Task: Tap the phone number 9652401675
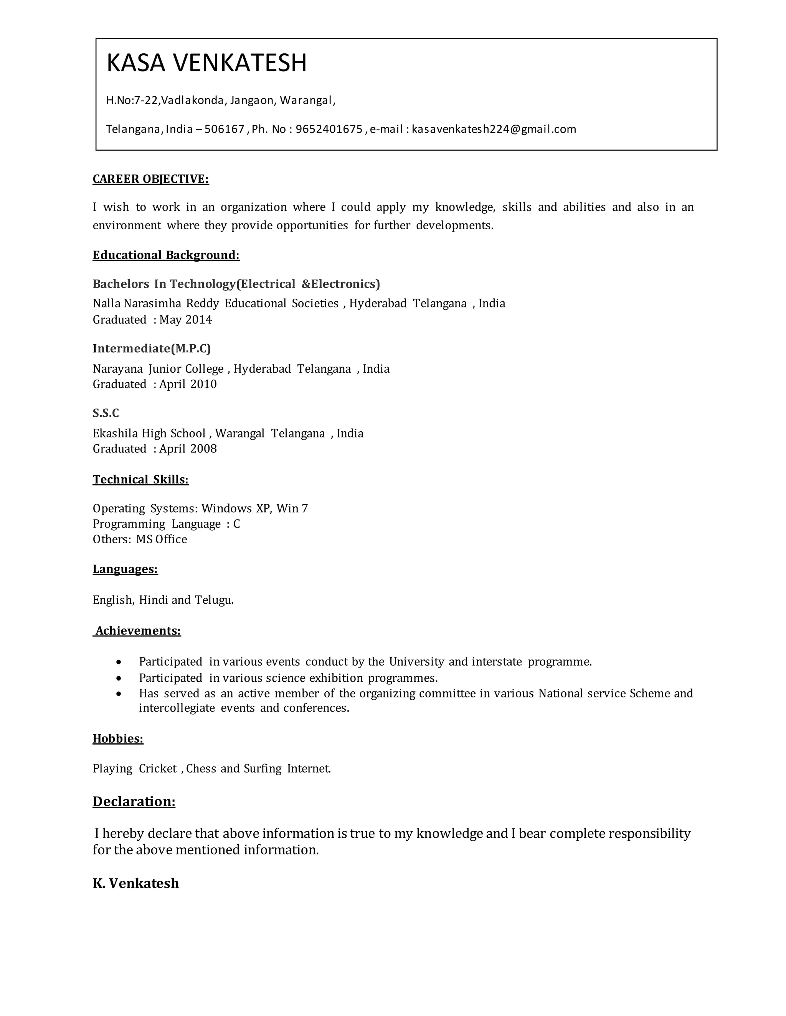tap(329, 129)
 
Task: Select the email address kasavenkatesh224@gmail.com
tap(494, 129)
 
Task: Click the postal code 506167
tap(224, 129)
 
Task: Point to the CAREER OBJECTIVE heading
tap(150, 179)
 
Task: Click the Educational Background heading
tap(166, 255)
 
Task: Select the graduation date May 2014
tap(185, 320)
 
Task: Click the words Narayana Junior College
tap(159, 369)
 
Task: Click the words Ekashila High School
tap(149, 433)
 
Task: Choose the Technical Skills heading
tap(140, 479)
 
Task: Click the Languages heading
tap(125, 569)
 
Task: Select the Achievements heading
tap(138, 631)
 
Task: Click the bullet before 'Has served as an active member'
tap(120, 694)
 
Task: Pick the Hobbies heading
tap(118, 739)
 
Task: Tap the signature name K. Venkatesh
tap(135, 883)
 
